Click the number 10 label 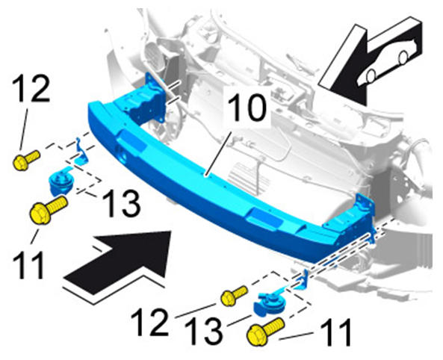(x=247, y=108)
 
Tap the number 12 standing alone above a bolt (x=31, y=87)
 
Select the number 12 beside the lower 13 (x=149, y=322)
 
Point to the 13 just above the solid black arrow (x=121, y=203)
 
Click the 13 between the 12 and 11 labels (x=203, y=331)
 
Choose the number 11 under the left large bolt (x=28, y=265)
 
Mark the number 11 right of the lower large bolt (x=336, y=332)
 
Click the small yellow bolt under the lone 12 (x=26, y=161)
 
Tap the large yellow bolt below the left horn (x=49, y=209)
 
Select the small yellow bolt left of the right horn (x=234, y=296)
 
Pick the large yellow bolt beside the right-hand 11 (x=265, y=332)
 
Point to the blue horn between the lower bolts (x=267, y=303)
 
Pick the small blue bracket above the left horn (x=81, y=152)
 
